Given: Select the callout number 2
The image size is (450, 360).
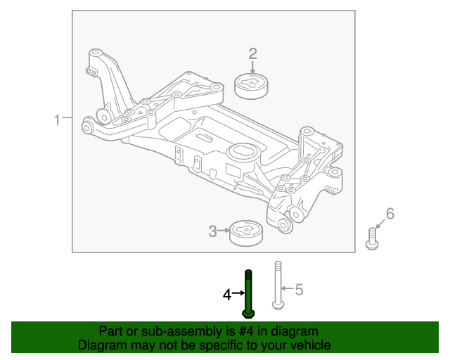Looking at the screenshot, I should [x=252, y=53].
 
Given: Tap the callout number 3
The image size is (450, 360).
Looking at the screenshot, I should [x=213, y=231].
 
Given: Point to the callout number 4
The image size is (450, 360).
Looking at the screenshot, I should [x=227, y=295].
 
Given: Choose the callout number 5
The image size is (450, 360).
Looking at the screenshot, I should [x=298, y=289].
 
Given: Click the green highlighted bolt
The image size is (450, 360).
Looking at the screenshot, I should [x=248, y=292].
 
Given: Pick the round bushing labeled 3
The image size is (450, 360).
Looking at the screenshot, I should [x=246, y=232].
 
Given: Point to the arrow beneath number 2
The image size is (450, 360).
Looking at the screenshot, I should [x=252, y=67].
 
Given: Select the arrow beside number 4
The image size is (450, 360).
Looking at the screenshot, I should [x=238, y=295].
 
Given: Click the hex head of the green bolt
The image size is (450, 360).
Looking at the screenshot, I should [x=248, y=314].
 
